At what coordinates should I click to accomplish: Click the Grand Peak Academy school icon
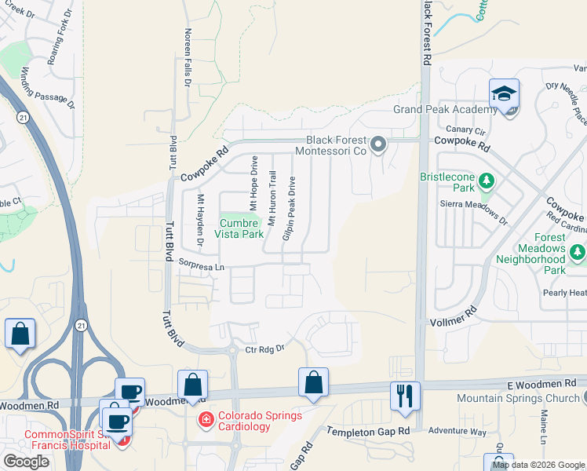pyautogui.click(x=502, y=94)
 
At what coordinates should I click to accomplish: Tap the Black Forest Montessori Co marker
pyautogui.click(x=378, y=144)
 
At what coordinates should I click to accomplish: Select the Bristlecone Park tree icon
pyautogui.click(x=487, y=182)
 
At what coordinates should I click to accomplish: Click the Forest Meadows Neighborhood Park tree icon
pyautogui.click(x=578, y=252)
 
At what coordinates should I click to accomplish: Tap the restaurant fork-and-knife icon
pyautogui.click(x=405, y=394)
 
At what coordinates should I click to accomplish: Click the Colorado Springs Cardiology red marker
pyautogui.click(x=206, y=420)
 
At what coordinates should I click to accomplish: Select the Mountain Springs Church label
pyautogui.click(x=516, y=398)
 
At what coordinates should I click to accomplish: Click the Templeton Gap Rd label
pyautogui.click(x=369, y=432)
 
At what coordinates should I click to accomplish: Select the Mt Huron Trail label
pyautogui.click(x=272, y=198)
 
